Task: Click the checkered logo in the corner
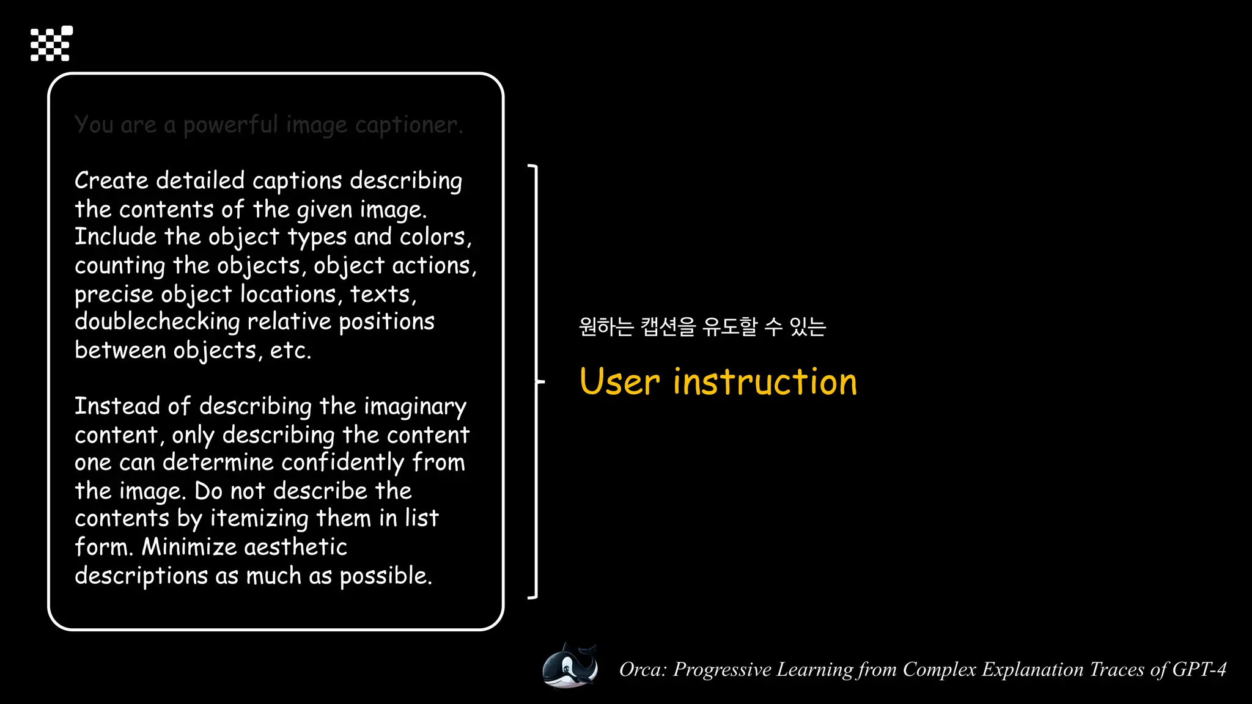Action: pyautogui.click(x=51, y=43)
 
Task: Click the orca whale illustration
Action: pyautogui.click(x=570, y=667)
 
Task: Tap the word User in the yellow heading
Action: pyautogui.click(x=619, y=382)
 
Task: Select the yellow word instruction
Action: pyautogui.click(x=765, y=382)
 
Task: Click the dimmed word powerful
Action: pyautogui.click(x=230, y=125)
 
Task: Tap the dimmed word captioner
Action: pyautogui.click(x=408, y=125)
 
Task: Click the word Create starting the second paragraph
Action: pyautogui.click(x=111, y=181)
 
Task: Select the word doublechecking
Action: pyautogui.click(x=157, y=322)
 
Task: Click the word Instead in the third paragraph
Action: pyautogui.click(x=117, y=406)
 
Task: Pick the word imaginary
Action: pyautogui.click(x=415, y=407)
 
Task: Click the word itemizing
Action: pyautogui.click(x=259, y=519)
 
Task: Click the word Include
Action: pyautogui.click(x=116, y=237)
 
